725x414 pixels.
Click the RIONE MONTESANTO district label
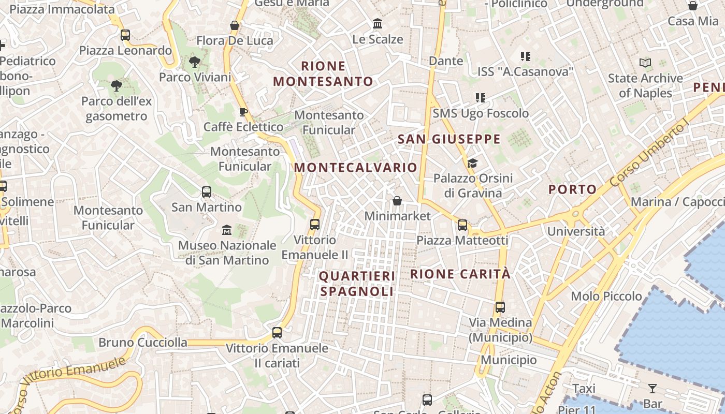point(323,73)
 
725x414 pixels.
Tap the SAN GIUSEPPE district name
point(449,139)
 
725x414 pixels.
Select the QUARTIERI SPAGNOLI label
point(357,284)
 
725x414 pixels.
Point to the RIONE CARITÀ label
point(460,274)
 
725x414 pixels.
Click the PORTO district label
point(572,189)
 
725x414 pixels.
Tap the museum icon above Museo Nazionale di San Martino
point(227,230)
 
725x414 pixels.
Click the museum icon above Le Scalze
point(378,24)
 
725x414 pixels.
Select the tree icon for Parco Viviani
point(195,62)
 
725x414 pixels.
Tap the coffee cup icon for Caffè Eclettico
point(243,112)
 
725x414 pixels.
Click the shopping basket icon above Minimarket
point(397,200)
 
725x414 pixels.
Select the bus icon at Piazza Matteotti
point(462,225)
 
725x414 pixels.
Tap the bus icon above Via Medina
point(500,307)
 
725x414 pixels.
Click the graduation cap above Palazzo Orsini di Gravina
point(472,164)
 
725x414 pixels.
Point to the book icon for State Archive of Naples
point(645,63)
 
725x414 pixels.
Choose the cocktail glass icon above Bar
point(653,388)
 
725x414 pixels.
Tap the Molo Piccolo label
point(606,297)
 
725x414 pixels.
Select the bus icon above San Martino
point(206,192)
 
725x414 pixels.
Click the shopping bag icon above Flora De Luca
point(235,25)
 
